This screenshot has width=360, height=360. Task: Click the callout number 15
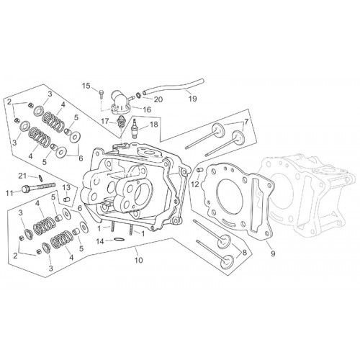point(87,86)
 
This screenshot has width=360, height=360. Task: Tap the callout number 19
point(193,99)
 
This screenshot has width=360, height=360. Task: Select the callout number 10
point(139,260)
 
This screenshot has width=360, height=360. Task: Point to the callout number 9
point(273,253)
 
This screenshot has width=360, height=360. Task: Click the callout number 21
point(22,176)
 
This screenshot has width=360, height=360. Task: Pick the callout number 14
point(101,241)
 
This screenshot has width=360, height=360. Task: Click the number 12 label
point(196,184)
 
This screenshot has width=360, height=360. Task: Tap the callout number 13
point(67,187)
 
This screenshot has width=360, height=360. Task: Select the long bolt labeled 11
point(38,186)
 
